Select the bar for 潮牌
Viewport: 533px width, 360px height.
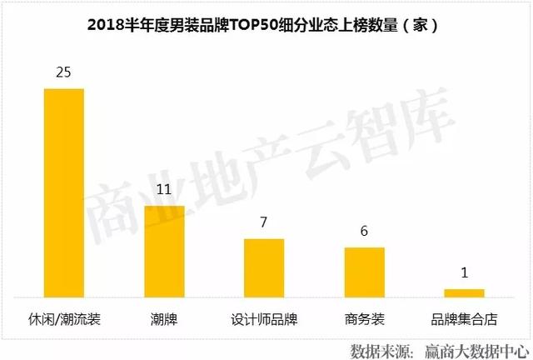(164, 251)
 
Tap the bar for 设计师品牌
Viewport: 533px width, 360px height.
(264, 267)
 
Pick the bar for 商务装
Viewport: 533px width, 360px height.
(364, 272)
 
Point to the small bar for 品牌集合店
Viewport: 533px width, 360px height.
(464, 292)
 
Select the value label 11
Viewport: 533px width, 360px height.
(164, 190)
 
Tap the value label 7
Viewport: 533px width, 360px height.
(264, 223)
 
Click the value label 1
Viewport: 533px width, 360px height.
(464, 273)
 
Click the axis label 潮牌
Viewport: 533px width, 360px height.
(164, 319)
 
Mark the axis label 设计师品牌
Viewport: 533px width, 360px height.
(264, 319)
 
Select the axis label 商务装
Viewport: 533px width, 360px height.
(364, 319)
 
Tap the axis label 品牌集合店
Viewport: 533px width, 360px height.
(464, 319)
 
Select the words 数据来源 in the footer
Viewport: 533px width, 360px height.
(377, 347)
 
